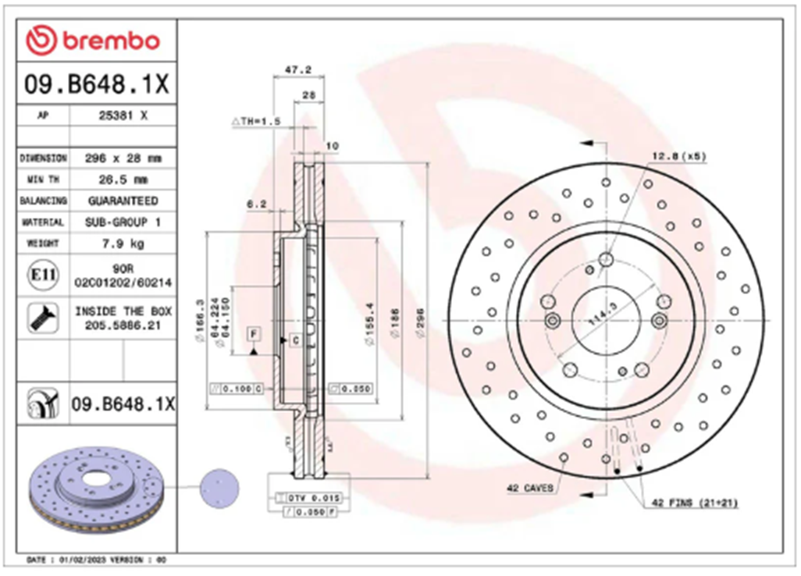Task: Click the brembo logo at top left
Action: click(x=93, y=40)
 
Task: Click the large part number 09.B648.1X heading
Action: click(x=96, y=85)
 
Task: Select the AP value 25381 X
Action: click(x=123, y=116)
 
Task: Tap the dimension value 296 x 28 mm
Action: click(x=123, y=158)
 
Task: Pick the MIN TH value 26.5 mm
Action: click(x=123, y=180)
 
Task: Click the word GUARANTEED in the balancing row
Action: click(x=123, y=201)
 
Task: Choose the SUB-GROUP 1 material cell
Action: click(x=123, y=222)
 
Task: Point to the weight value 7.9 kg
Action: click(x=123, y=244)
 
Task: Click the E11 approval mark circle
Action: click(x=40, y=275)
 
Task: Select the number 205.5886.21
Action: click(x=123, y=325)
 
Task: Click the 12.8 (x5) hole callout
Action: click(x=678, y=156)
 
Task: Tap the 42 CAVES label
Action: click(x=530, y=489)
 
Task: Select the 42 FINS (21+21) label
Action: click(x=693, y=503)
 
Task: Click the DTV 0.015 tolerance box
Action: click(x=310, y=498)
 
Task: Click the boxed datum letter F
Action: click(x=253, y=334)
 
